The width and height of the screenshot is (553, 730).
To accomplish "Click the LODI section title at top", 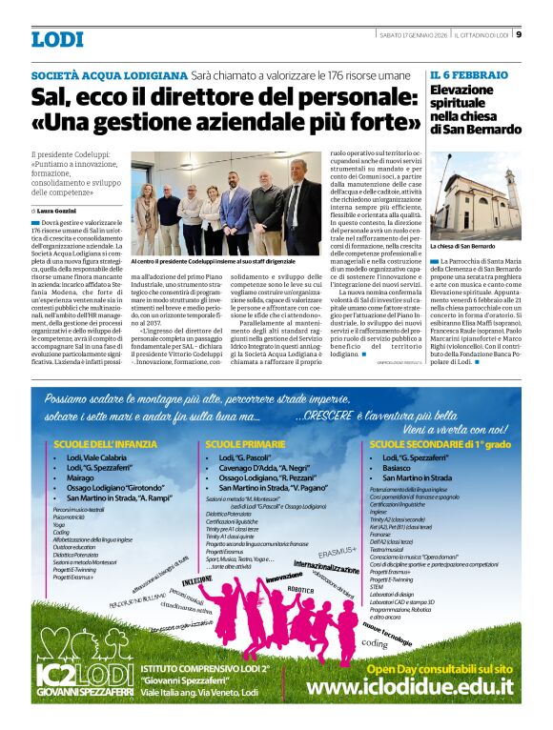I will tap(56, 39).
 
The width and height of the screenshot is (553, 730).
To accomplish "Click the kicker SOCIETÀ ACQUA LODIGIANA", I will tap(109, 74).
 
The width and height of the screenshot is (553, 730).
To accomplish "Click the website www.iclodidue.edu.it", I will tap(411, 687).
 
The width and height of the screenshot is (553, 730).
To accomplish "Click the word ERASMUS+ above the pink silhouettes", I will tap(338, 551).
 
